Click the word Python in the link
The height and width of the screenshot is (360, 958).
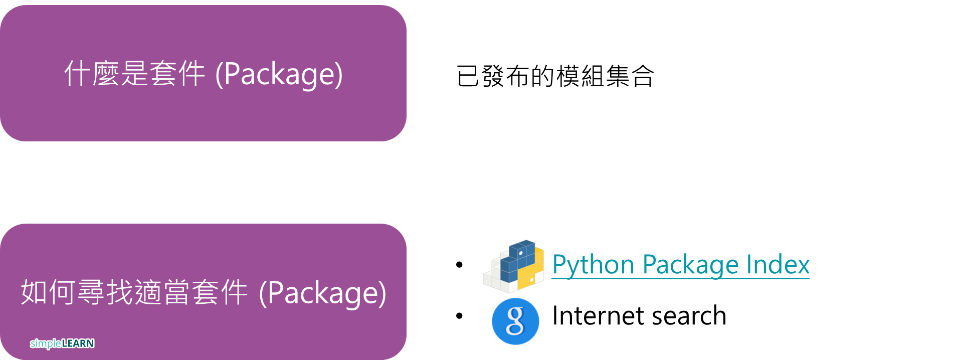tap(593, 265)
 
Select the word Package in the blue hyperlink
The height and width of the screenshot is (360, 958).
tap(690, 265)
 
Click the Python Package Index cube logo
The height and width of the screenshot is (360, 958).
tap(513, 266)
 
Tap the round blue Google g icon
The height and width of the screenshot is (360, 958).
tap(515, 321)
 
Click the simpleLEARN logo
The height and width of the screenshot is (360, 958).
tap(62, 343)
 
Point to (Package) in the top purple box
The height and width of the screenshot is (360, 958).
tap(279, 74)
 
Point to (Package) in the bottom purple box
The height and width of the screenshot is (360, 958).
tap(322, 293)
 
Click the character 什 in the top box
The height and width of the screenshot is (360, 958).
tap(77, 74)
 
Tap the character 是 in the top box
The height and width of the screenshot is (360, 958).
tap(134, 74)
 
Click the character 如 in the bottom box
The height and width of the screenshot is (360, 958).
tap(34, 292)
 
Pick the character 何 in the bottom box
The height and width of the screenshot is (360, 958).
tap(63, 292)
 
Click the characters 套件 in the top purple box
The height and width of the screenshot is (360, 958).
tap(177, 74)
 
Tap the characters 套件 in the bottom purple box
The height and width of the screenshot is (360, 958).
tap(220, 292)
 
